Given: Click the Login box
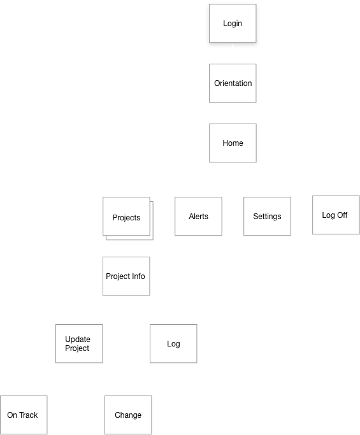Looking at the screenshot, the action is (233, 24).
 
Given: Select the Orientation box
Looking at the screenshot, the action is (233, 83).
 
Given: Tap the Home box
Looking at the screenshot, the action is (233, 143).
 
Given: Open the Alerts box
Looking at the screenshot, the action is (198, 216).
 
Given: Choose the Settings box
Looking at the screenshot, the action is (268, 216).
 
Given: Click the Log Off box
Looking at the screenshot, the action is (336, 215).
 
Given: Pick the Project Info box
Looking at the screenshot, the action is (126, 276).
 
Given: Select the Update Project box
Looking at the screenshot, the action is (79, 343).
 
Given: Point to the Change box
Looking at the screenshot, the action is (128, 415).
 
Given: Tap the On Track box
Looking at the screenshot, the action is (24, 415).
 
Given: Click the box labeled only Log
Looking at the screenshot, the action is (173, 343).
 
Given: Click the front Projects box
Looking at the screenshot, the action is (126, 216).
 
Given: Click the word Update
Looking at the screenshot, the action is (78, 339).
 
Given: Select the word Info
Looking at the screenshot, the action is (138, 276).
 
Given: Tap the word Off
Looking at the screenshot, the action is (342, 215).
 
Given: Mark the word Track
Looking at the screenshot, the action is (28, 415).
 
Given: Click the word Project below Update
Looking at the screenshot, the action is (77, 348).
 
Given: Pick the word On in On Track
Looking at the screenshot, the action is (12, 415).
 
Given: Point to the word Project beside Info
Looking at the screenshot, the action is (118, 276).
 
